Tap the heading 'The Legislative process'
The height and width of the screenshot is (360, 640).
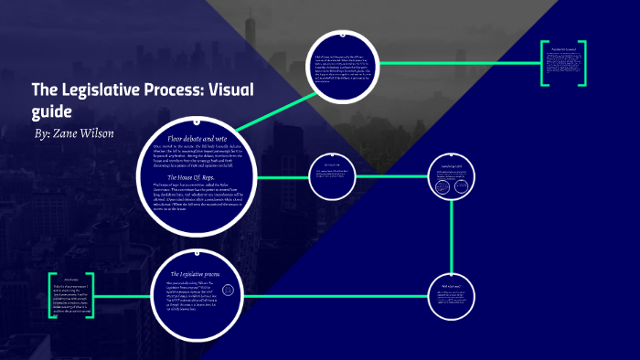198,274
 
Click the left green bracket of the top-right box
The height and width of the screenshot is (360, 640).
541,64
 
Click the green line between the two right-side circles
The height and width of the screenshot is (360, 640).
452,228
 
